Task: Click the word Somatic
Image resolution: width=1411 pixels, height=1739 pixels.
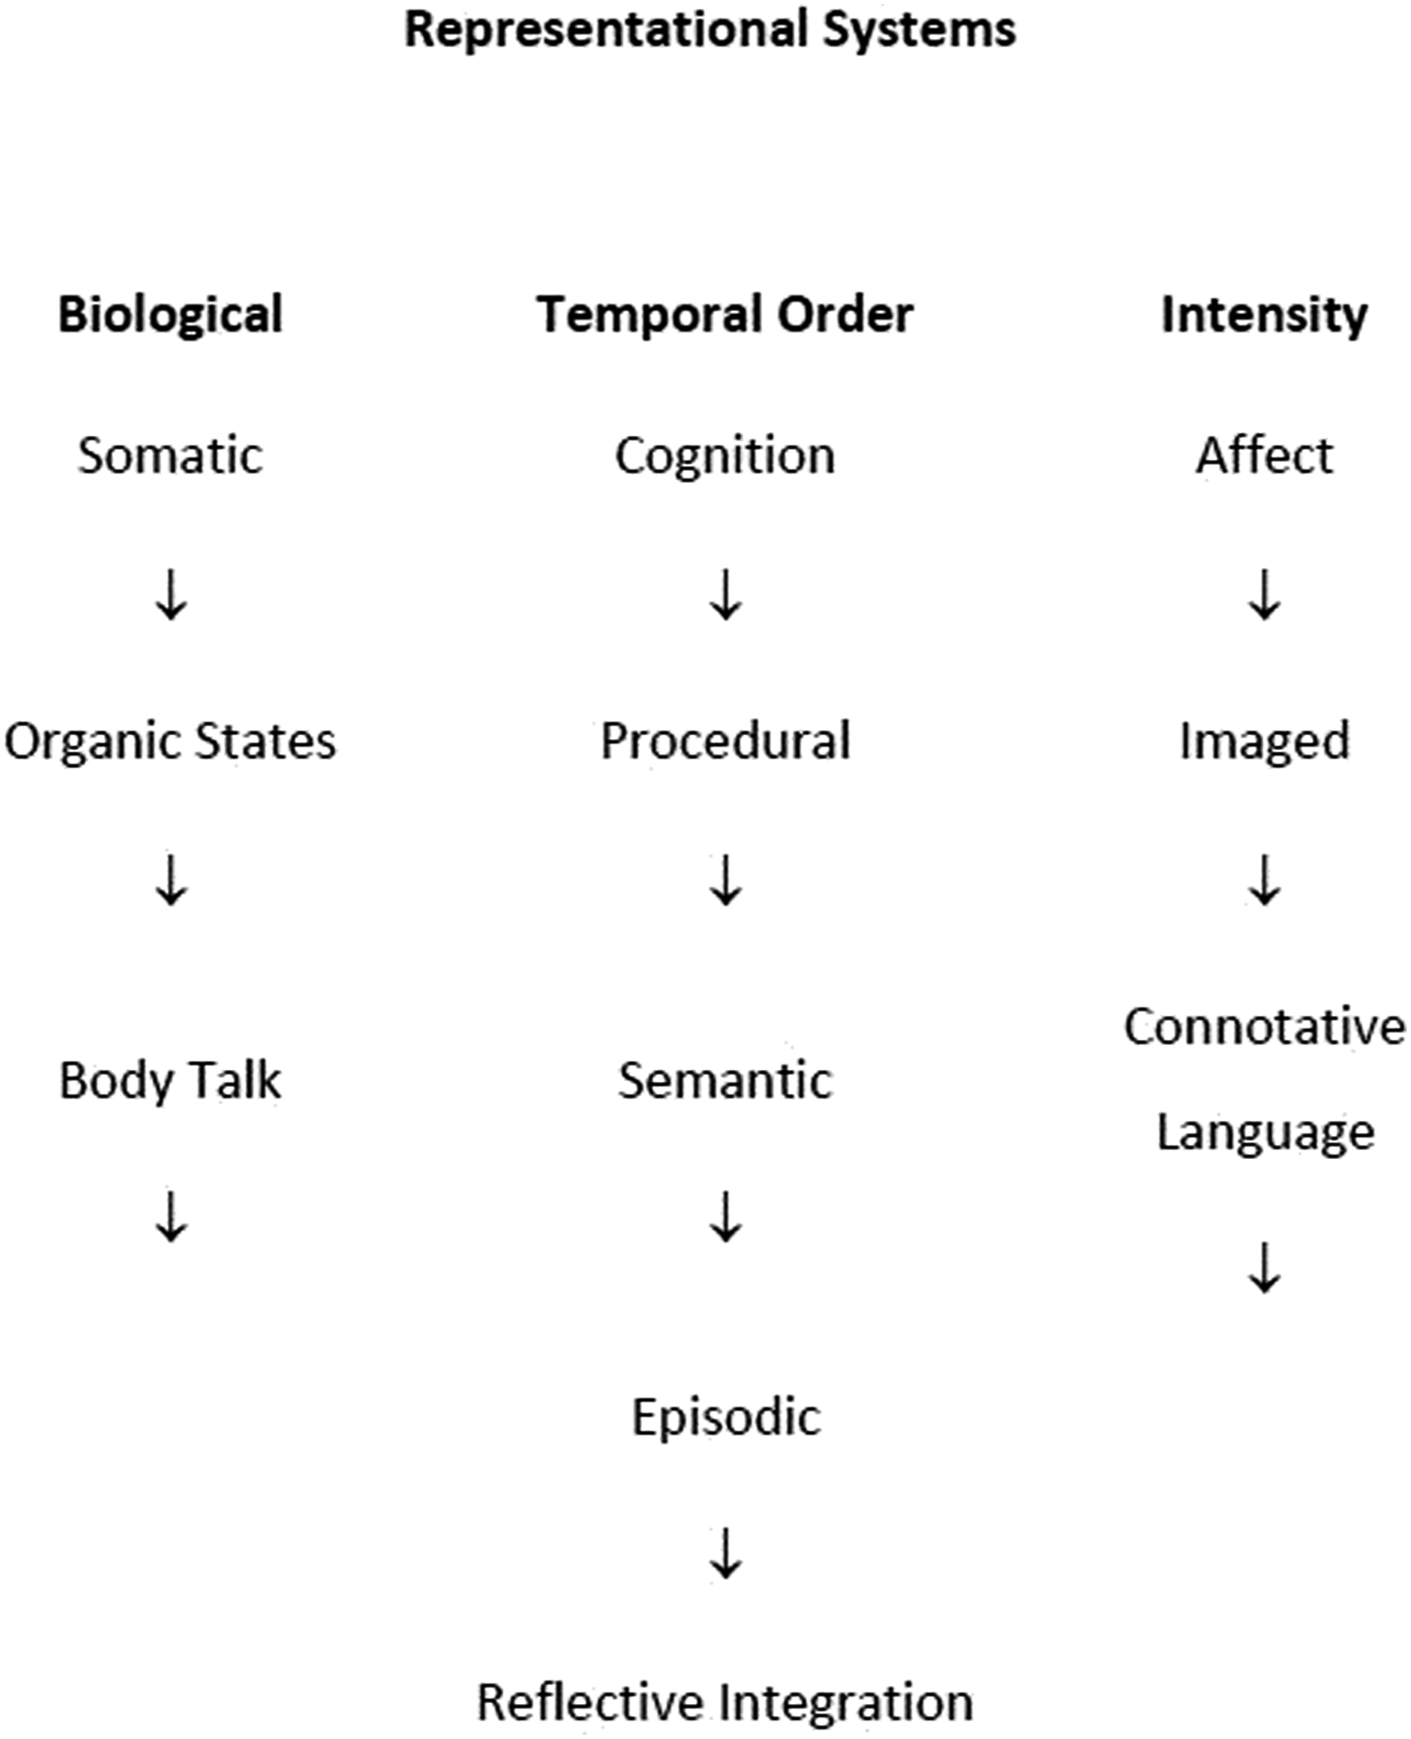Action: [170, 456]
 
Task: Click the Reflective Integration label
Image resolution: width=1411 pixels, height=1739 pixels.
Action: [725, 1704]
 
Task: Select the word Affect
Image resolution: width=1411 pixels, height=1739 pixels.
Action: [1265, 456]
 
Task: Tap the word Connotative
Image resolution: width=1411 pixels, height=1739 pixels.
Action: [1265, 1027]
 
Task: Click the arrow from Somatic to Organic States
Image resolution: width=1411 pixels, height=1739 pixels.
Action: [170, 595]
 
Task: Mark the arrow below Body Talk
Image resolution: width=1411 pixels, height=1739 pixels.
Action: [170, 1216]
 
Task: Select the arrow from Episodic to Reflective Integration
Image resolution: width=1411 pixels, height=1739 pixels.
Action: [726, 1554]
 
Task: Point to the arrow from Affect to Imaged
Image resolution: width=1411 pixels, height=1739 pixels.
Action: [1265, 595]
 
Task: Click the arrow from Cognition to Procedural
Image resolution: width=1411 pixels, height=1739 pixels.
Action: [726, 595]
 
